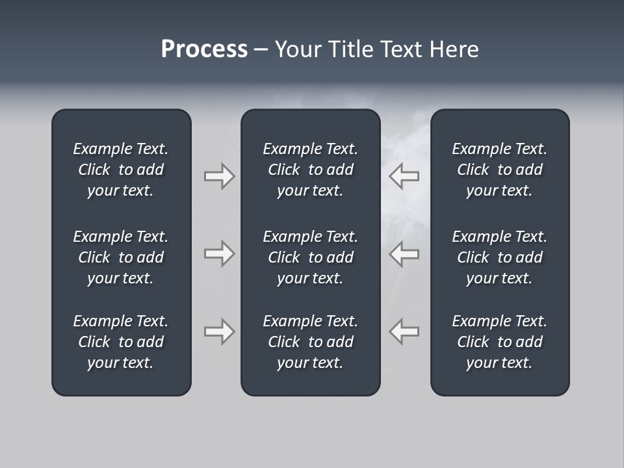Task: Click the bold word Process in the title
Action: (204, 49)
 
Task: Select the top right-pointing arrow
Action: (220, 176)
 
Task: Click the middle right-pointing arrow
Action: (220, 253)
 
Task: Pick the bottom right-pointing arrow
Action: (220, 331)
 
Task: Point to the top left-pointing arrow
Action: (404, 176)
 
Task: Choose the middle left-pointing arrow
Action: (404, 253)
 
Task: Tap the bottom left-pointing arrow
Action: (404, 331)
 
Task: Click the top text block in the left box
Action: (121, 170)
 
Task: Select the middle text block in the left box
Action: (121, 257)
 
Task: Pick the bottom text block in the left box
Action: (121, 342)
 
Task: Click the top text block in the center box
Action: (310, 170)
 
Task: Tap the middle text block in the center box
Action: (310, 257)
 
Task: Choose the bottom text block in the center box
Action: (310, 342)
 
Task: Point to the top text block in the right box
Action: (499, 170)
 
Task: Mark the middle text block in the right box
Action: (499, 257)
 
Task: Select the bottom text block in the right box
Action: (499, 342)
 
